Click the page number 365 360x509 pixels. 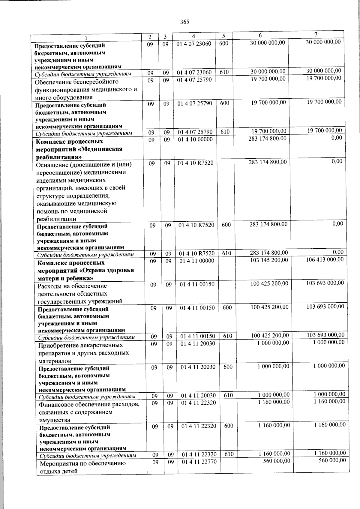pos(184,22)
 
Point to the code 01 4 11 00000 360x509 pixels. pos(197,261)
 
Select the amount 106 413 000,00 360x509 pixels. pos(325,259)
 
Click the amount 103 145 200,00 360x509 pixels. pos(269,260)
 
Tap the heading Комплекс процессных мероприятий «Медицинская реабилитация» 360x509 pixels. pos(79,149)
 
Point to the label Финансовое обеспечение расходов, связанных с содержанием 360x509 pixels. pos(88,412)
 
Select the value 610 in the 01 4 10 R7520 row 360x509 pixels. pos(226,253)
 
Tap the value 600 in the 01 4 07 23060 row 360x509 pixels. pos(224,43)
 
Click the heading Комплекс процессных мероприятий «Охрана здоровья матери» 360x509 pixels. pos(85,271)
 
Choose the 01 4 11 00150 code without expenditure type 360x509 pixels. pos(197,284)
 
